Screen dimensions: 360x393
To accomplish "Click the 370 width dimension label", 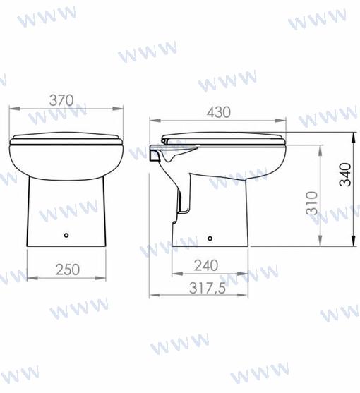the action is (x=61, y=100).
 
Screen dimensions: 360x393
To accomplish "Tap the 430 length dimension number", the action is (x=219, y=112).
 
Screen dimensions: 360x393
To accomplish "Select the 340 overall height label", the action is (x=345, y=174).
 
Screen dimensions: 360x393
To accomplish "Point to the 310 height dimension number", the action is (x=311, y=203).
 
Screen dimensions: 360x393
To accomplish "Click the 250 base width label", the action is (x=68, y=270).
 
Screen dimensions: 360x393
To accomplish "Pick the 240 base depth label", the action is (x=206, y=265).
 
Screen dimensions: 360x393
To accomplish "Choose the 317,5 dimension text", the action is (x=208, y=288).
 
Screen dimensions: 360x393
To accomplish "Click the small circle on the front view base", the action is (x=66, y=235).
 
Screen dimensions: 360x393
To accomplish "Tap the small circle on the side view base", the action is (x=210, y=238).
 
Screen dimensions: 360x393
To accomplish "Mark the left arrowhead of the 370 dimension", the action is (x=15, y=109).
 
